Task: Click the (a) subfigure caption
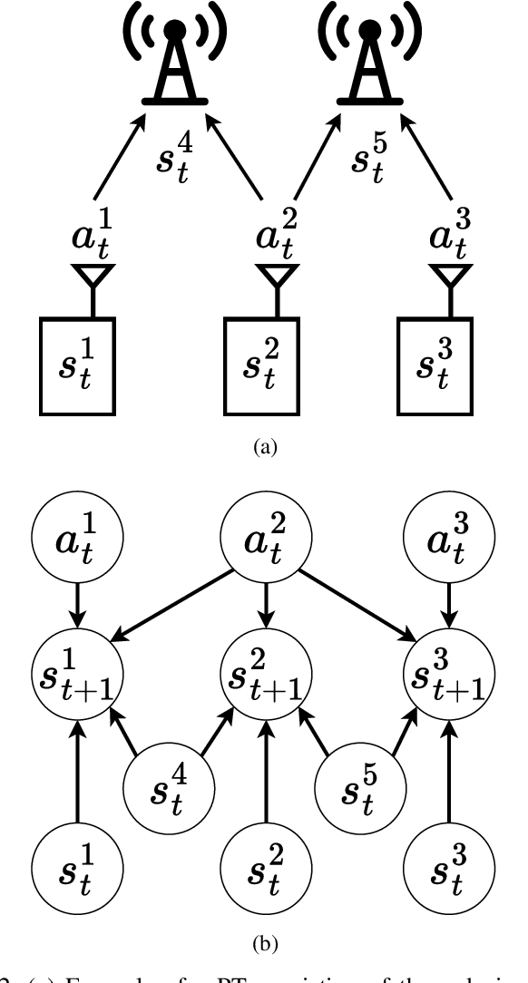click(x=264, y=445)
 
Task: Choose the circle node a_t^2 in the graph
click(x=264, y=543)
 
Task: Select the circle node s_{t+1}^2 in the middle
click(x=264, y=672)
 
